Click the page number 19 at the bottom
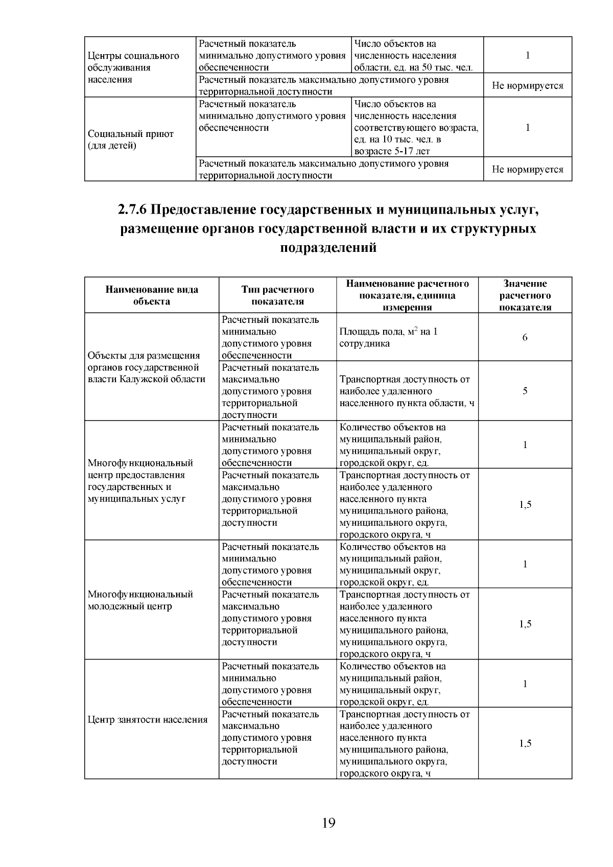pos(328,823)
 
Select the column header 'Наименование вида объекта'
pos(152,295)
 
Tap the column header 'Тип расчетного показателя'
pos(277,295)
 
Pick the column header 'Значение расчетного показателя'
pos(525,295)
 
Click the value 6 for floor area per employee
pos(525,338)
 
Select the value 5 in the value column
pos(525,391)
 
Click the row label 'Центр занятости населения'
pos(148,720)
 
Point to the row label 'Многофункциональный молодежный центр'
pos(140,600)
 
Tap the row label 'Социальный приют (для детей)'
pos(131,140)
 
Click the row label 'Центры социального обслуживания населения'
pos(133,67)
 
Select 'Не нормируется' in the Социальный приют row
pos(527,170)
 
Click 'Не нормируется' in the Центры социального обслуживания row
pos(527,85)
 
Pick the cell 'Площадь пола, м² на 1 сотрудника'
pos(388,338)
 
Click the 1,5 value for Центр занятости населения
pos(525,743)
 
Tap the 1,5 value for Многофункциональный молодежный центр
pos(525,624)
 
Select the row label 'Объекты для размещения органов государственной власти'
pos(147,367)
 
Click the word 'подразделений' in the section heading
pos(328,248)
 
